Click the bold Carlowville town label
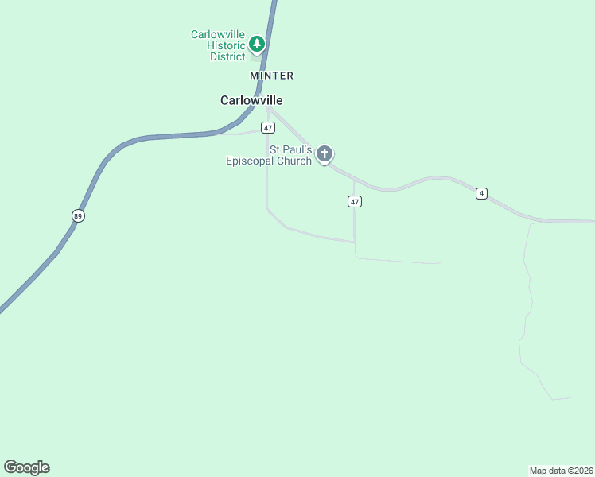point(251,101)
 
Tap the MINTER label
point(272,76)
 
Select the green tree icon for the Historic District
point(256,44)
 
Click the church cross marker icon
point(324,153)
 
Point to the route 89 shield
point(77,215)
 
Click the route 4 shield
point(481,193)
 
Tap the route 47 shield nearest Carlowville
point(268,128)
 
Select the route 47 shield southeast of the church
point(355,202)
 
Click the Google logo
point(26,467)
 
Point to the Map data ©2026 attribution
point(561,471)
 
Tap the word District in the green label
point(227,56)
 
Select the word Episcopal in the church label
point(250,161)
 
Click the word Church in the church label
point(294,161)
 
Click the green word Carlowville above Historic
point(218,34)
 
